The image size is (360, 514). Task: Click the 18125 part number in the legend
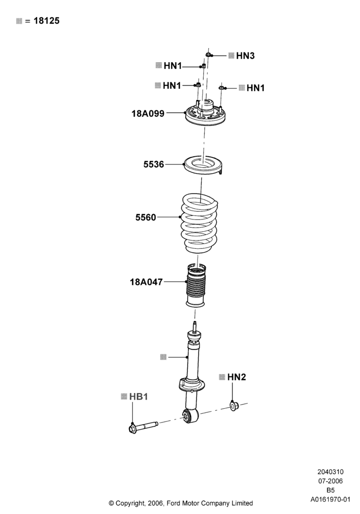tap(47, 21)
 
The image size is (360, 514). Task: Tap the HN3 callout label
tap(245, 56)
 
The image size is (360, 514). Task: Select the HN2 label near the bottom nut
tap(237, 377)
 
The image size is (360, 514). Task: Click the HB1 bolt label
tap(138, 397)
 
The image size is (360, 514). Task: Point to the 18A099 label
tap(148, 114)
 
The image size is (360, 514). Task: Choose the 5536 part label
tap(153, 164)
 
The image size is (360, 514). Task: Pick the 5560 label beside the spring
tap(146, 217)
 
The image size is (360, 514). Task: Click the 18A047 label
tap(146, 282)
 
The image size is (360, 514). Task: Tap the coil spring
tap(200, 223)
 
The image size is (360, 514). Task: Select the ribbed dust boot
tap(196, 285)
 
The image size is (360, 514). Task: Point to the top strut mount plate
tap(205, 115)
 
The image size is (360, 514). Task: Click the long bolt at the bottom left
tap(143, 427)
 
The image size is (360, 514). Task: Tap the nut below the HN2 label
tap(234, 406)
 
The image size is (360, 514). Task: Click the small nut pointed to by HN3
tap(208, 54)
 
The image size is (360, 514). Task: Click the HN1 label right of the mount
tap(256, 88)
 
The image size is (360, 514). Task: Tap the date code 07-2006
tap(331, 481)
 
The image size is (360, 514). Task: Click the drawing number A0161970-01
tap(331, 500)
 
